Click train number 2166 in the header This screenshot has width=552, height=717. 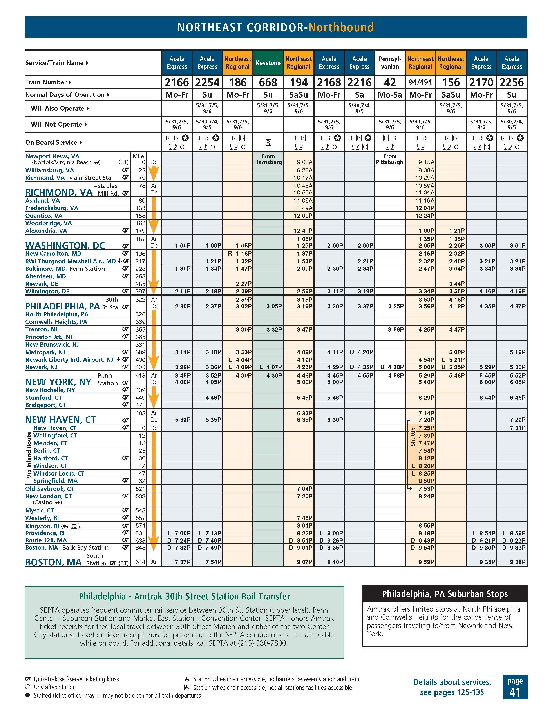177,82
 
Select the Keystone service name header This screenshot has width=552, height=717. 268,63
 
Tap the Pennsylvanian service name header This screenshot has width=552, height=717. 390,63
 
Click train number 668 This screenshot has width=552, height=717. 268,82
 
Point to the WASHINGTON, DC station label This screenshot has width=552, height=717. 65,246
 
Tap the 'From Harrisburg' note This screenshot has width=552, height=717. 268,159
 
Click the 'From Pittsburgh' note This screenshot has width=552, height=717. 390,159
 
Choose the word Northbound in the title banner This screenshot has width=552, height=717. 341,27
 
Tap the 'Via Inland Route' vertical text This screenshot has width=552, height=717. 29,455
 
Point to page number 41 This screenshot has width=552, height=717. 515,692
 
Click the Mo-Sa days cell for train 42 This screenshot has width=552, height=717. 390,95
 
